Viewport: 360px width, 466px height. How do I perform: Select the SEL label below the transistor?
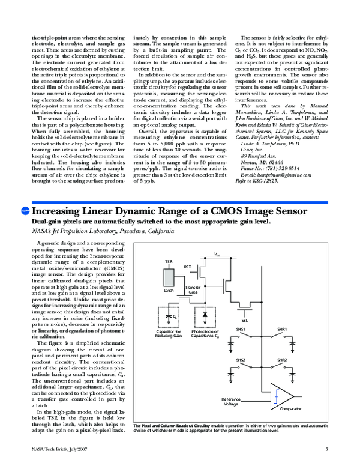[x=245, y=320]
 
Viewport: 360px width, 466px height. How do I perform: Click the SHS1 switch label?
[x=240, y=330]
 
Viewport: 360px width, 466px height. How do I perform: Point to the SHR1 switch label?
[x=282, y=330]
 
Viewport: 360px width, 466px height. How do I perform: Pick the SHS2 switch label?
[x=240, y=360]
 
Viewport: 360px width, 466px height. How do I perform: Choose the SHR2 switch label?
[x=282, y=360]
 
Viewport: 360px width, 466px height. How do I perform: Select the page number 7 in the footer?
[x=327, y=450]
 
